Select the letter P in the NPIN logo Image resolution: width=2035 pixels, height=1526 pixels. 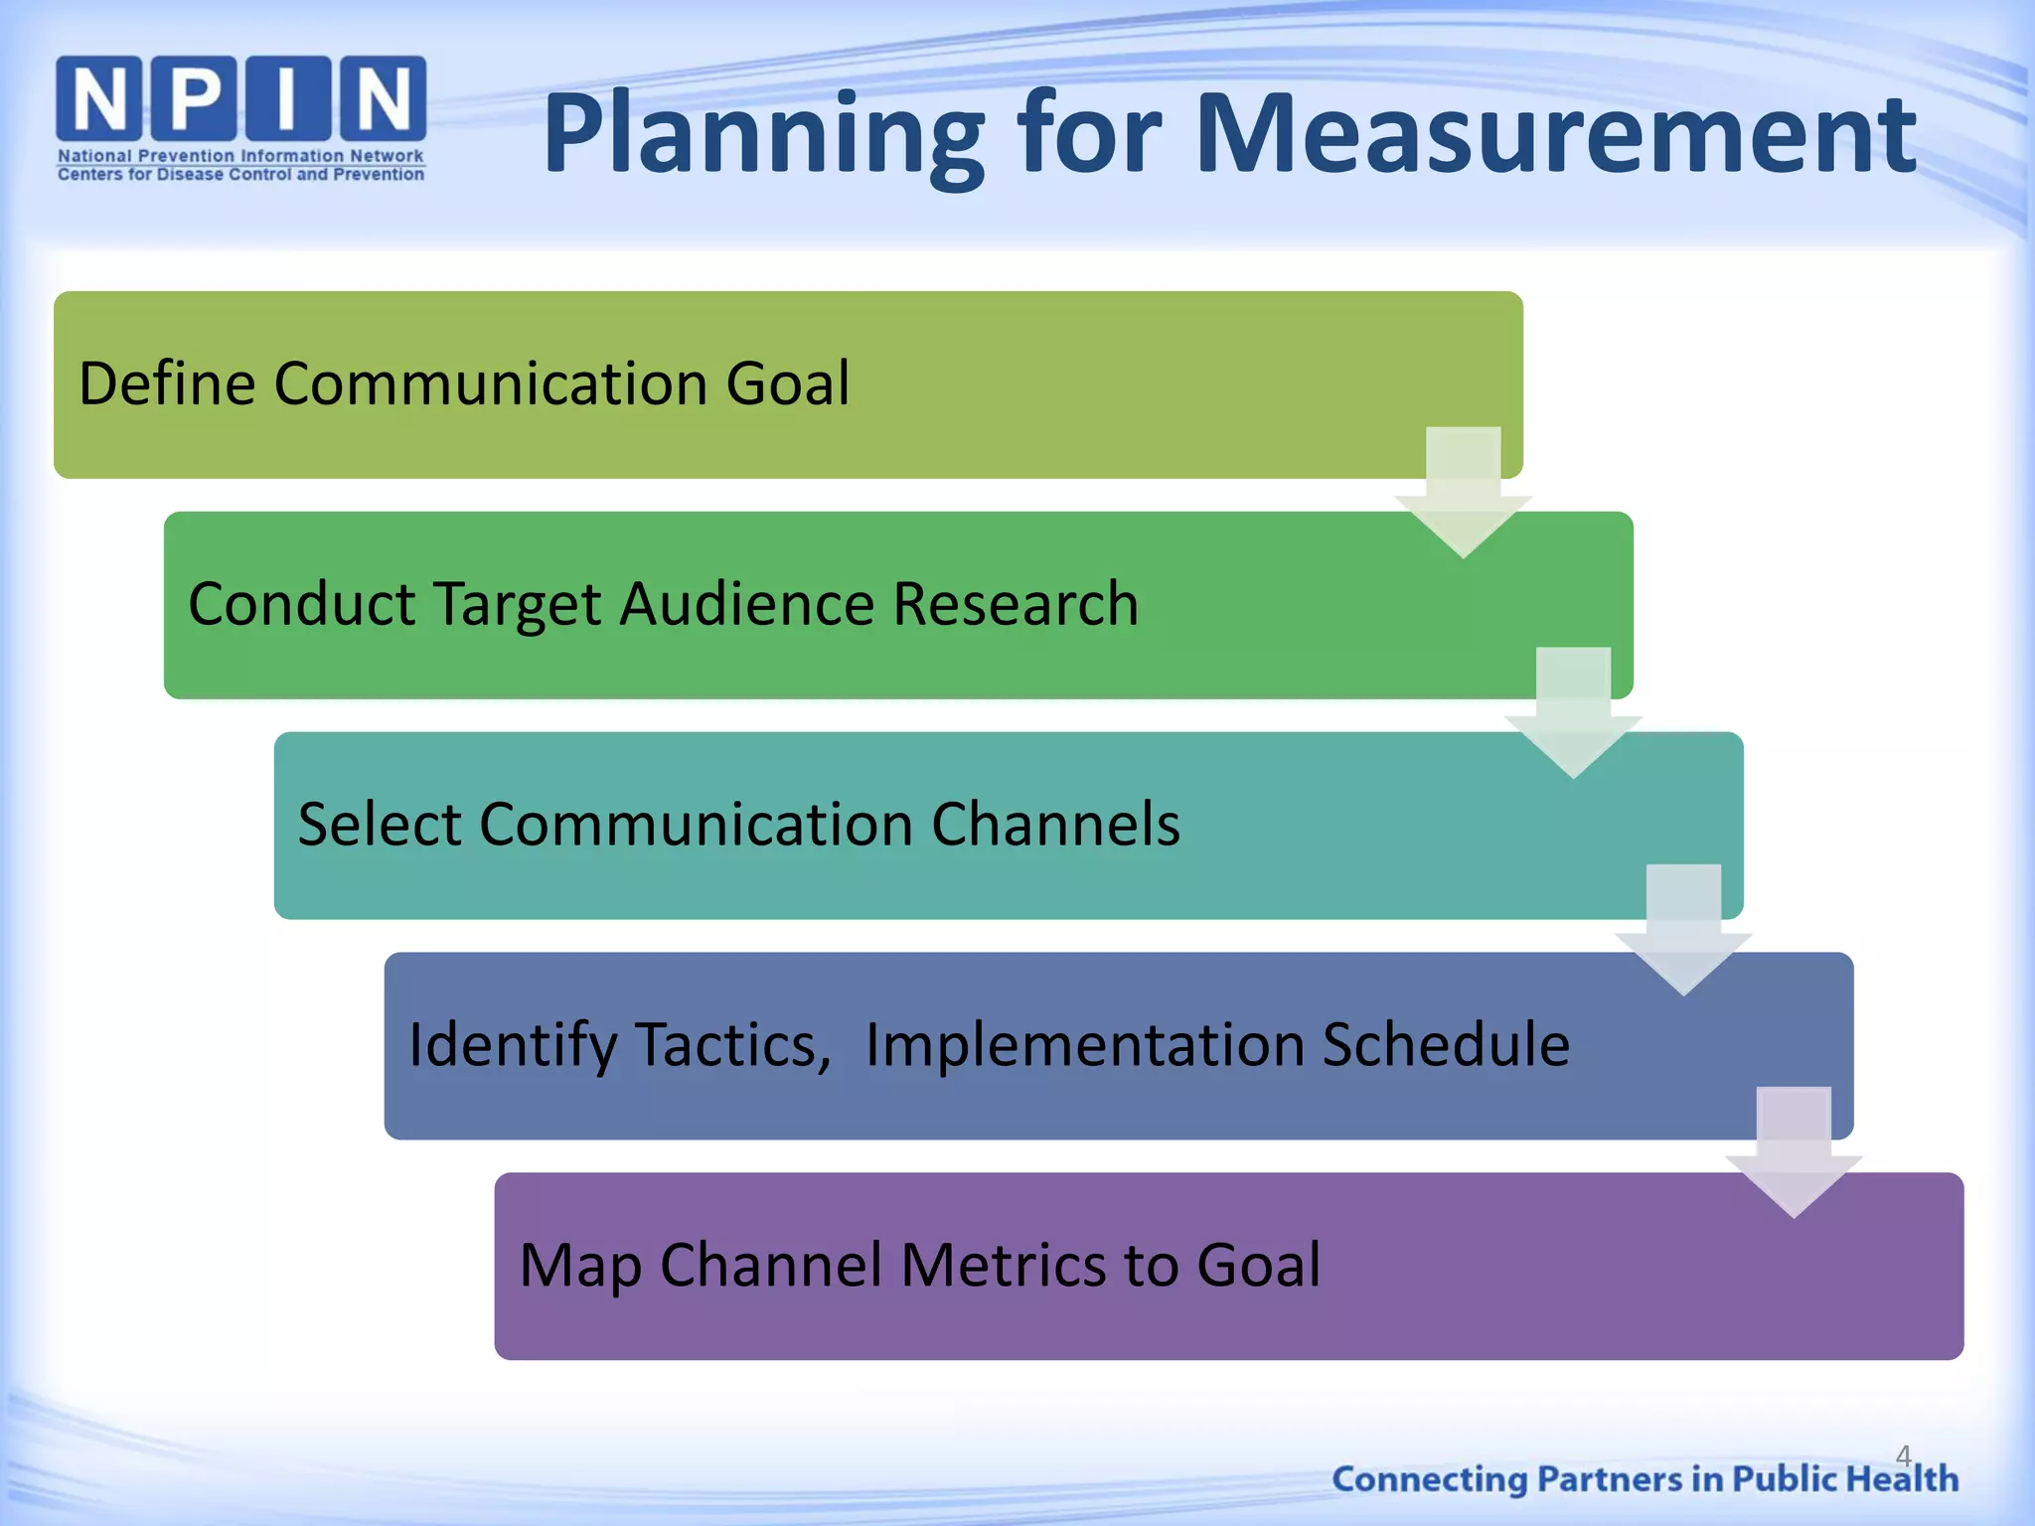click(195, 98)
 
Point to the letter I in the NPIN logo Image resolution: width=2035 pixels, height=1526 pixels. click(288, 98)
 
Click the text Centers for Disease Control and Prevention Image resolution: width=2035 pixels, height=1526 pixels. click(240, 175)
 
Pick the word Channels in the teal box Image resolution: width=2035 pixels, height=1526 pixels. click(1054, 825)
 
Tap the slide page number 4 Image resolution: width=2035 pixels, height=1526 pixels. click(1903, 1455)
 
